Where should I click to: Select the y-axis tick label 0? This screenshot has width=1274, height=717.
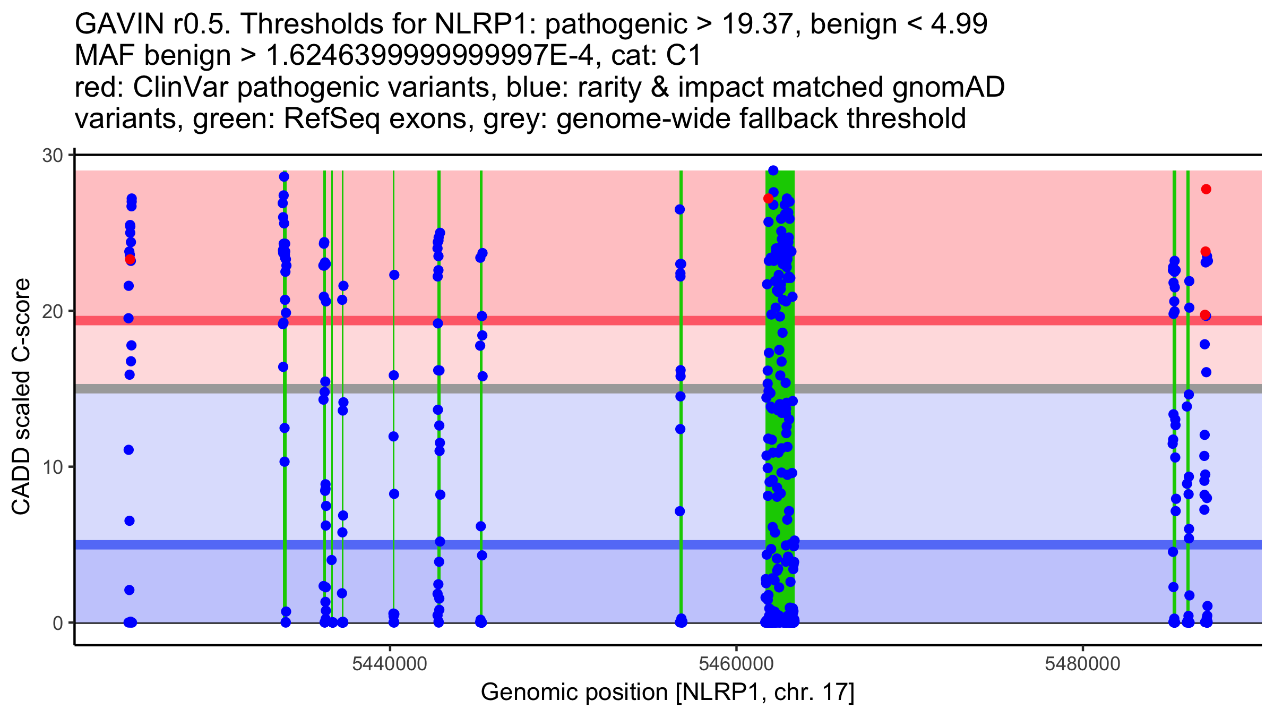tap(57, 623)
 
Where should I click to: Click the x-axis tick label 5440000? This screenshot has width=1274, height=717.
tap(390, 664)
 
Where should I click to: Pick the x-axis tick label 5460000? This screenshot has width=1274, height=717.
tap(736, 664)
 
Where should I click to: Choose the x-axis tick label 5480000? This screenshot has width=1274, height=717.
tap(1082, 664)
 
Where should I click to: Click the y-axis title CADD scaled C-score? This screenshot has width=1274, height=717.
tap(21, 397)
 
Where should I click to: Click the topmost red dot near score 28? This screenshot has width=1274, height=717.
tap(1206, 189)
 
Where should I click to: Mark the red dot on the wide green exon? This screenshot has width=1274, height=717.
tap(768, 199)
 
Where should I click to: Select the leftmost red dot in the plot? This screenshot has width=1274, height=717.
tap(130, 259)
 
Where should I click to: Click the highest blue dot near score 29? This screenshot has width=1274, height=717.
tap(773, 170)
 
